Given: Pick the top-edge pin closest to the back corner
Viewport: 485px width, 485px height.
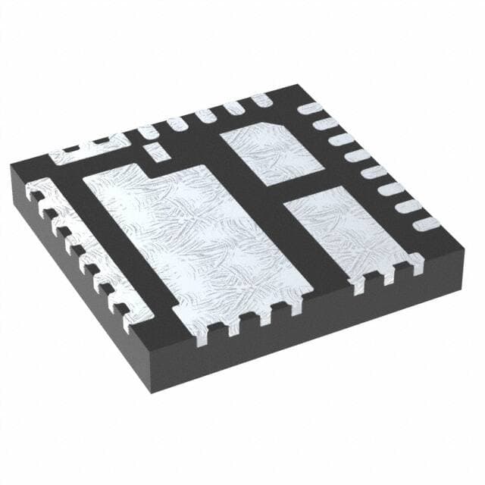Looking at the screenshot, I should point(262,99).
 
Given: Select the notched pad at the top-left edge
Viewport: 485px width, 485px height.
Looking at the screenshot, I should point(87,150).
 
